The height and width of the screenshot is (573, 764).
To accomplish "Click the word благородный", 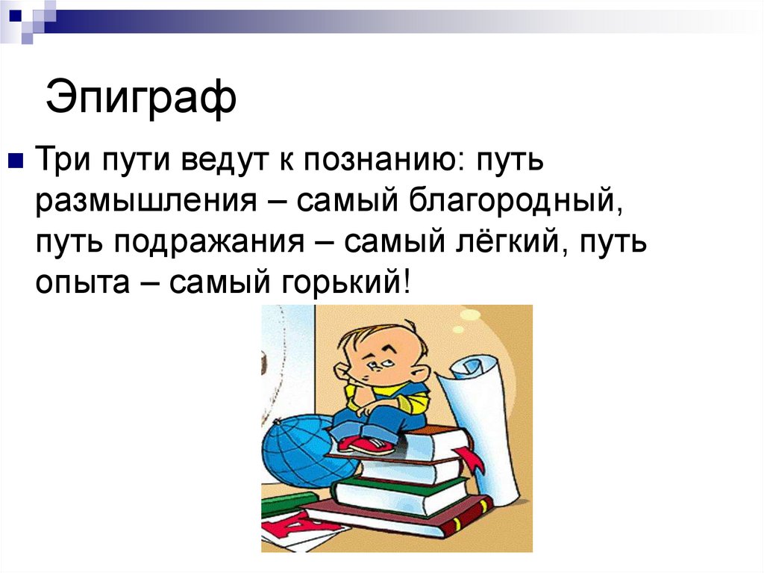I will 504,200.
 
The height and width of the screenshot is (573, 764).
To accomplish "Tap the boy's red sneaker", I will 366,445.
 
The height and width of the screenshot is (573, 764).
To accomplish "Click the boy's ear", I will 343,371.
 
